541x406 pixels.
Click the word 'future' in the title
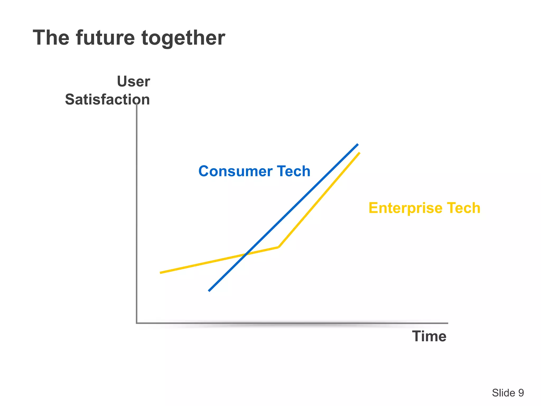point(105,38)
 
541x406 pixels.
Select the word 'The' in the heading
point(51,38)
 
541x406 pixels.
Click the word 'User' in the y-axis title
point(133,81)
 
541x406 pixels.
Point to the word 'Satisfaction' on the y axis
point(108,100)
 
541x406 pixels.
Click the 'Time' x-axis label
point(429,336)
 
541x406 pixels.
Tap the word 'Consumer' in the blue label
point(235,171)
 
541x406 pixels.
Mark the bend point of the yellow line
point(278,247)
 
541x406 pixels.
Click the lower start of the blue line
point(209,291)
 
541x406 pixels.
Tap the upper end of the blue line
point(358,144)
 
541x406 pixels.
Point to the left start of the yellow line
point(161,273)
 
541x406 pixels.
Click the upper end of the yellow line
point(359,153)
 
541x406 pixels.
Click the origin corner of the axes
point(137,323)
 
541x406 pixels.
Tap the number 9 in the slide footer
point(521,393)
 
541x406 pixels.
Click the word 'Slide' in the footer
point(503,393)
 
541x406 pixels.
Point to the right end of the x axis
point(447,323)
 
